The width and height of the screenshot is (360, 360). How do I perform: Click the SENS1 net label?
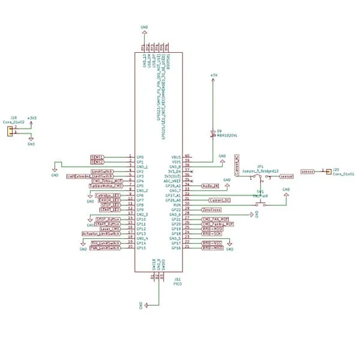pos(97,157)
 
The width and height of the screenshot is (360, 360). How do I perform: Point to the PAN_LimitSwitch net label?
pos(105,247)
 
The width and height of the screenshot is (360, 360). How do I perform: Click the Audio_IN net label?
pos(211,186)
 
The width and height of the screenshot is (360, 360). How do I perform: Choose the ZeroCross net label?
pos(212,210)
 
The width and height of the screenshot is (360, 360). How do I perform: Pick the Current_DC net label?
pos(220,200)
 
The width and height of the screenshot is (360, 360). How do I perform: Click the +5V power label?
pos(213,75)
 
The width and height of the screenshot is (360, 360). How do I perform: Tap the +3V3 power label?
pos(32,118)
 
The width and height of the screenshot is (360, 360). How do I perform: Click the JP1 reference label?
pos(260,166)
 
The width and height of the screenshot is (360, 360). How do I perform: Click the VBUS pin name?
pos(176,157)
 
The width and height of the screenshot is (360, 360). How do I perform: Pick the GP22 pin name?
pos(176,209)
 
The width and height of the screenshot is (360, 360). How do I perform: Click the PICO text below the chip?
pos(178,283)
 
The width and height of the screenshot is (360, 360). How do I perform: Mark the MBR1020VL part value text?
pos(227,136)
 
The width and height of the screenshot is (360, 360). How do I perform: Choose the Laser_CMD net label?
pos(110,229)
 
